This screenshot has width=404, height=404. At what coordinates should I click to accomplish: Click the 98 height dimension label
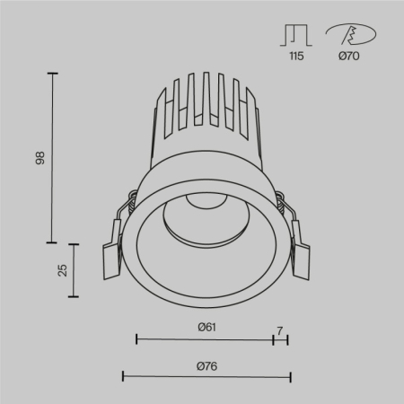coord(38,157)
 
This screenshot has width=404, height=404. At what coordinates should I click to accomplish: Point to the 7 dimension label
coord(280,331)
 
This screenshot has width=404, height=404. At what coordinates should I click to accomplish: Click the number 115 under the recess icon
coord(296,56)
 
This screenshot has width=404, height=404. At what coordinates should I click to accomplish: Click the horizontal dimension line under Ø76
coord(206,376)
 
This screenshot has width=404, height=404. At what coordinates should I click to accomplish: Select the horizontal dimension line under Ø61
coord(206,339)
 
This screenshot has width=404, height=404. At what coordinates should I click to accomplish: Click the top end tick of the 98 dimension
coord(52,74)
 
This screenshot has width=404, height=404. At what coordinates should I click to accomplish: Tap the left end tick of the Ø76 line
coord(123,376)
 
